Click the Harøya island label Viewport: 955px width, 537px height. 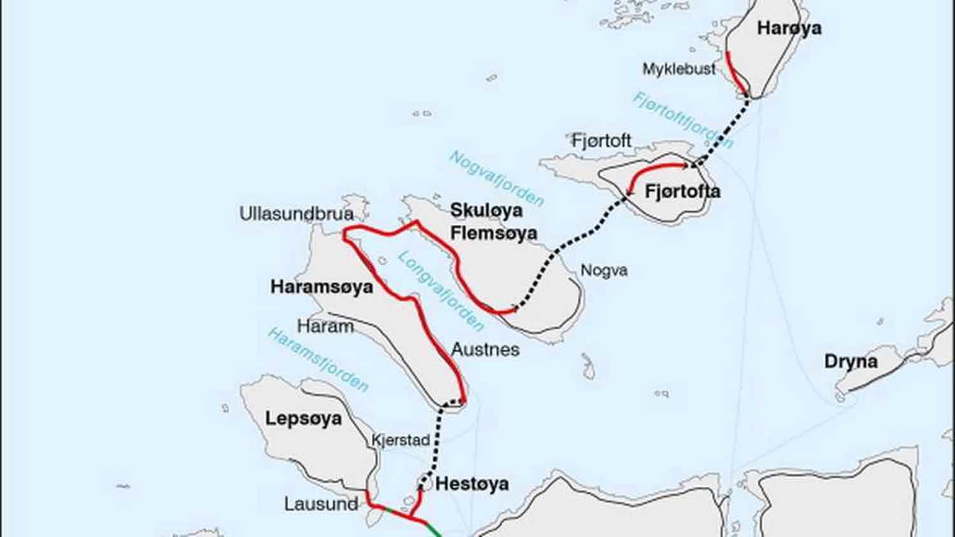[789, 28]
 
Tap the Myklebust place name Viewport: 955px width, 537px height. [679, 69]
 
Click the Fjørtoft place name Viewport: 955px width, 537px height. [601, 141]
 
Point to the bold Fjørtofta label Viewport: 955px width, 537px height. [683, 191]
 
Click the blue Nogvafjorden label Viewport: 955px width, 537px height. [497, 179]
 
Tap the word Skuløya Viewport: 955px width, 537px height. [486, 210]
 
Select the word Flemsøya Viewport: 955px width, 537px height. [493, 233]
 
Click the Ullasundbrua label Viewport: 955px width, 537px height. [296, 213]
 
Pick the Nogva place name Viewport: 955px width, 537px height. [604, 271]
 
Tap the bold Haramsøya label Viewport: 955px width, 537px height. [322, 287]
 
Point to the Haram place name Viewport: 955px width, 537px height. [325, 327]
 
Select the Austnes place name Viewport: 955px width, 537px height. [485, 350]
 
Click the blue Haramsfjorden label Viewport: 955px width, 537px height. [318, 360]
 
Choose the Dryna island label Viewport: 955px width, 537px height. [851, 362]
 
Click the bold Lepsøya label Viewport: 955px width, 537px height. [303, 419]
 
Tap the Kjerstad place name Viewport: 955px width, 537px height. [400, 440]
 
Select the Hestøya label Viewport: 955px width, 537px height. [472, 484]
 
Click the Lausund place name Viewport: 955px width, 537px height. [321, 505]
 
